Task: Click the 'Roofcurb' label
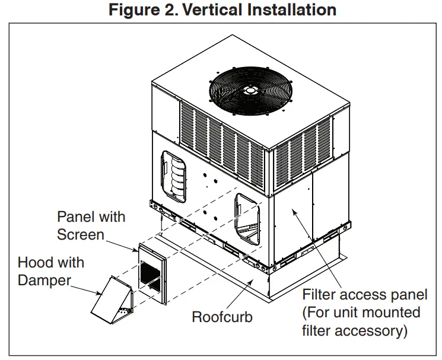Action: coord(222,317)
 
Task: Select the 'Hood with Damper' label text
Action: coord(51,271)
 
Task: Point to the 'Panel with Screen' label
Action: coord(91,225)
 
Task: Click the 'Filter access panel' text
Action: coord(364,295)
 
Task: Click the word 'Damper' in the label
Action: coord(44,280)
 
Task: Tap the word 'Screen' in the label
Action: coord(81,234)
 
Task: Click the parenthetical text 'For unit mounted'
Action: coord(361,312)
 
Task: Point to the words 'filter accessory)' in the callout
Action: coord(355,330)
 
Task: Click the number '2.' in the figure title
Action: coord(163,10)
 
